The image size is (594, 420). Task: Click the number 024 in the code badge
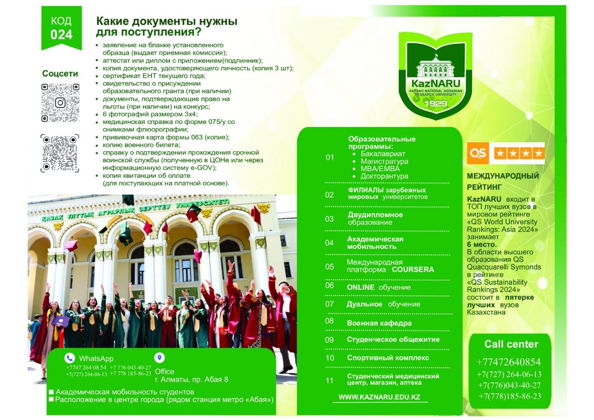[61, 35]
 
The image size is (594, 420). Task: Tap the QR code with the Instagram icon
[60, 103]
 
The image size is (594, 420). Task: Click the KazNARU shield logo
[435, 76]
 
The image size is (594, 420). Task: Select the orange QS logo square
[478, 153]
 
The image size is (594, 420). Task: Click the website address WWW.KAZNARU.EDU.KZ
[379, 397]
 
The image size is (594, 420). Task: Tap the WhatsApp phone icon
[69, 358]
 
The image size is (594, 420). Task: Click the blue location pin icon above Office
[159, 358]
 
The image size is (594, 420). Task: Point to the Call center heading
[511, 344]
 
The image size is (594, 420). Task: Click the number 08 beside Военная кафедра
[330, 321]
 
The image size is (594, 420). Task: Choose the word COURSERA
[413, 270]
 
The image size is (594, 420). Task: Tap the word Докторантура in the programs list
[384, 176]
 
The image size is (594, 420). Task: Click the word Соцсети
[60, 73]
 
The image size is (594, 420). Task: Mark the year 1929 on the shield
[435, 104]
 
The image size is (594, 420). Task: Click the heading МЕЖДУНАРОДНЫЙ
[503, 176]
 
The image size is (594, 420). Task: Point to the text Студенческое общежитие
[393, 339]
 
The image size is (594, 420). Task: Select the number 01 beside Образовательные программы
[330, 157]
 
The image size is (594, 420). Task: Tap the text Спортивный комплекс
[388, 358]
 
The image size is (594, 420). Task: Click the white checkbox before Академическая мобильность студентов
[51, 392]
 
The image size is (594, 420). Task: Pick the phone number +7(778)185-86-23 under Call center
[510, 396]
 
